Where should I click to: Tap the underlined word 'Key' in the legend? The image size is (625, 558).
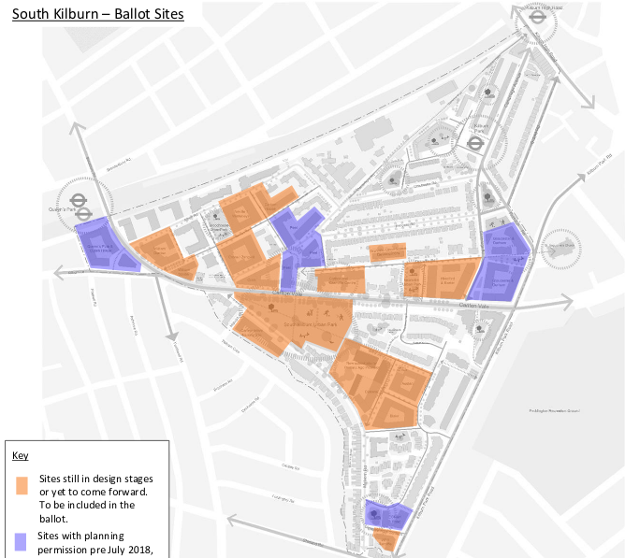point(21,455)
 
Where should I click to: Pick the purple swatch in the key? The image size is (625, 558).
point(21,542)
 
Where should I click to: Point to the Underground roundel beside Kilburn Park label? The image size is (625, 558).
point(475,144)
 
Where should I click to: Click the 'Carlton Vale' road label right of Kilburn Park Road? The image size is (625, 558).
point(475,306)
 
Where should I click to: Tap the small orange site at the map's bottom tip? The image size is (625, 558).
point(385,539)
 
